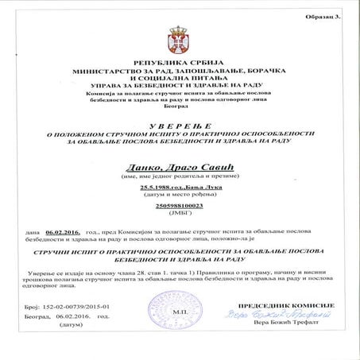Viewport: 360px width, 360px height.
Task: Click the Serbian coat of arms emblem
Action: click(x=179, y=39)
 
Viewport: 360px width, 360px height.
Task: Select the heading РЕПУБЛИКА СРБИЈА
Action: click(x=179, y=60)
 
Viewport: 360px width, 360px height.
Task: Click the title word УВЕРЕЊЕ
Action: click(x=179, y=122)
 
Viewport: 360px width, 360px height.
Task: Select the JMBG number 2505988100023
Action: click(x=179, y=206)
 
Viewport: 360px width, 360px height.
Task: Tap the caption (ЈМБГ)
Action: click(x=179, y=214)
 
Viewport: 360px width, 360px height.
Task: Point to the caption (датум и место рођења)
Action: click(x=179, y=195)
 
